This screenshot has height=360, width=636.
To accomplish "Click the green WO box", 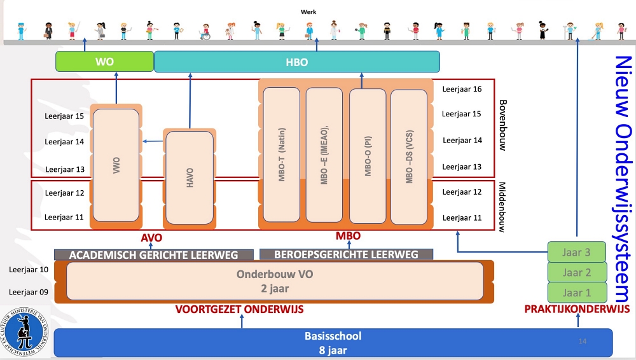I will tap(104, 62).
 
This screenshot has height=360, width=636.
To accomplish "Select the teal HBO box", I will tap(297, 62).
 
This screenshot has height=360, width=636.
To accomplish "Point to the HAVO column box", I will tap(190, 177).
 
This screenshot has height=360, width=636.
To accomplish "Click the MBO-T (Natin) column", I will tap(281, 156).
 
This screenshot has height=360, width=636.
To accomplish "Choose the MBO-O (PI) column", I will tap(368, 156).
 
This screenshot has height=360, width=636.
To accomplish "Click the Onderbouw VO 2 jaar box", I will tap(275, 281).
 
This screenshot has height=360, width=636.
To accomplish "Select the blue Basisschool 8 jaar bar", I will tap(333, 342).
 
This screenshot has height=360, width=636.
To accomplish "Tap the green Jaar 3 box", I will tap(576, 252).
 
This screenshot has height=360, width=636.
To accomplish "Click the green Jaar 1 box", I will tap(576, 293).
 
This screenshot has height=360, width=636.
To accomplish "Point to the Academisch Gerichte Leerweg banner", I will tap(153, 255).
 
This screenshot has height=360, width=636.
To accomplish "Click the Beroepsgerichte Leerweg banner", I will tap(346, 255).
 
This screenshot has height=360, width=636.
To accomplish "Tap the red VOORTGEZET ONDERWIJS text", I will tap(240, 310).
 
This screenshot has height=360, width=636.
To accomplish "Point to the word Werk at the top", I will tap(309, 11).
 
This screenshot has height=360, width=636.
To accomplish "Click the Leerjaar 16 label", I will tap(462, 90).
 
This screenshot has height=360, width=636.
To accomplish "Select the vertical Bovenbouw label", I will tap(502, 125).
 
